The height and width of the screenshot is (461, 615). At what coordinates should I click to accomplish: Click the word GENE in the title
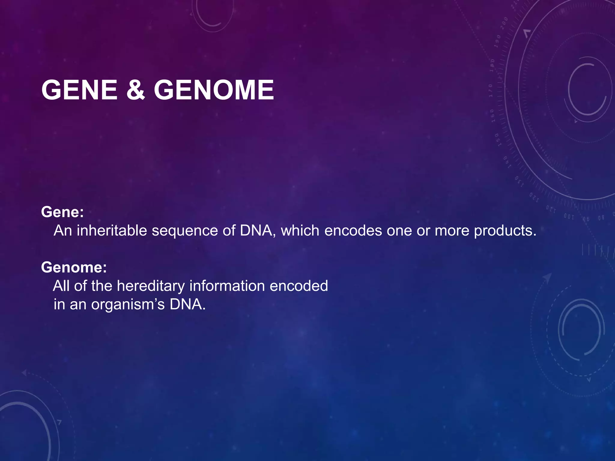pyautogui.click(x=79, y=90)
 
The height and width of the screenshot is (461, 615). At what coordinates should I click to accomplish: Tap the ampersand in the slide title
pyautogui.click(x=135, y=90)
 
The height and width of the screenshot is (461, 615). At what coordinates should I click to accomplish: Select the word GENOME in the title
pyautogui.click(x=214, y=90)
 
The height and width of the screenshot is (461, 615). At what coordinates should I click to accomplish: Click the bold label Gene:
pyautogui.click(x=62, y=212)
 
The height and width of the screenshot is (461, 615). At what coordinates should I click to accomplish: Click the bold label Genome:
pyautogui.click(x=74, y=267)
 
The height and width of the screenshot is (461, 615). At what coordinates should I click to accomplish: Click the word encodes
pyautogui.click(x=353, y=230)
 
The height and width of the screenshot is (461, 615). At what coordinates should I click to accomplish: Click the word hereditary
pyautogui.click(x=150, y=286)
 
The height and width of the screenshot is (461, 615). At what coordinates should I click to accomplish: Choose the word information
pyautogui.click(x=227, y=286)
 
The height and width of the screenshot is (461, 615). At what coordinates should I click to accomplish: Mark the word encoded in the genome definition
pyautogui.click(x=299, y=286)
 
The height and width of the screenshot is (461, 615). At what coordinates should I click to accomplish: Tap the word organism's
pyautogui.click(x=128, y=305)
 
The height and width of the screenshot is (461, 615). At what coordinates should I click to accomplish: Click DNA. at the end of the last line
pyautogui.click(x=188, y=304)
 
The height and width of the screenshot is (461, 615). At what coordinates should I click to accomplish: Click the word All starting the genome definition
pyautogui.click(x=61, y=286)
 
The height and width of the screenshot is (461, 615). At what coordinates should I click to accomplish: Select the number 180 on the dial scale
pyautogui.click(x=492, y=65)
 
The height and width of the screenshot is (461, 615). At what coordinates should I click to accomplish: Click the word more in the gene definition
pyautogui.click(x=452, y=230)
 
